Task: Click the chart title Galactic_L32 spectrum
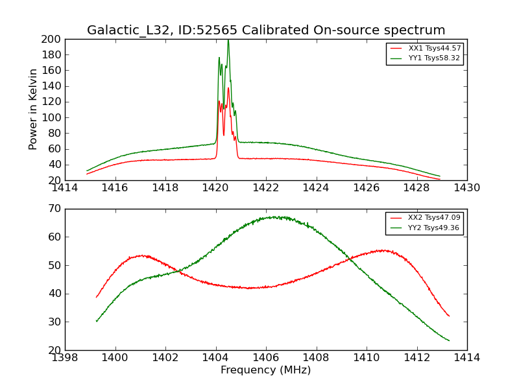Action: pyautogui.click(x=266, y=30)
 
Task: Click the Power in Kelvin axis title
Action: pyautogui.click(x=33, y=110)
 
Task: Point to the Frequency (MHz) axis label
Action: pyautogui.click(x=266, y=370)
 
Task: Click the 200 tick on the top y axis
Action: pyautogui.click(x=53, y=39)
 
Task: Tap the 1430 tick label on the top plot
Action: pyautogui.click(x=466, y=188)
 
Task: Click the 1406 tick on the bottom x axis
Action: pyautogui.click(x=266, y=357)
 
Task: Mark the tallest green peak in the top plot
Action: pyautogui.click(x=228, y=40)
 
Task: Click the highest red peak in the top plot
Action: pyautogui.click(x=228, y=88)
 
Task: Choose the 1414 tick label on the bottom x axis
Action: pyautogui.click(x=466, y=357)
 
